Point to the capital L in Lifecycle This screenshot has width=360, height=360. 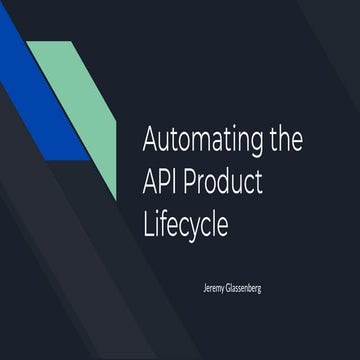tap(148, 224)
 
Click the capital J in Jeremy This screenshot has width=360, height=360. tap(203, 287)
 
